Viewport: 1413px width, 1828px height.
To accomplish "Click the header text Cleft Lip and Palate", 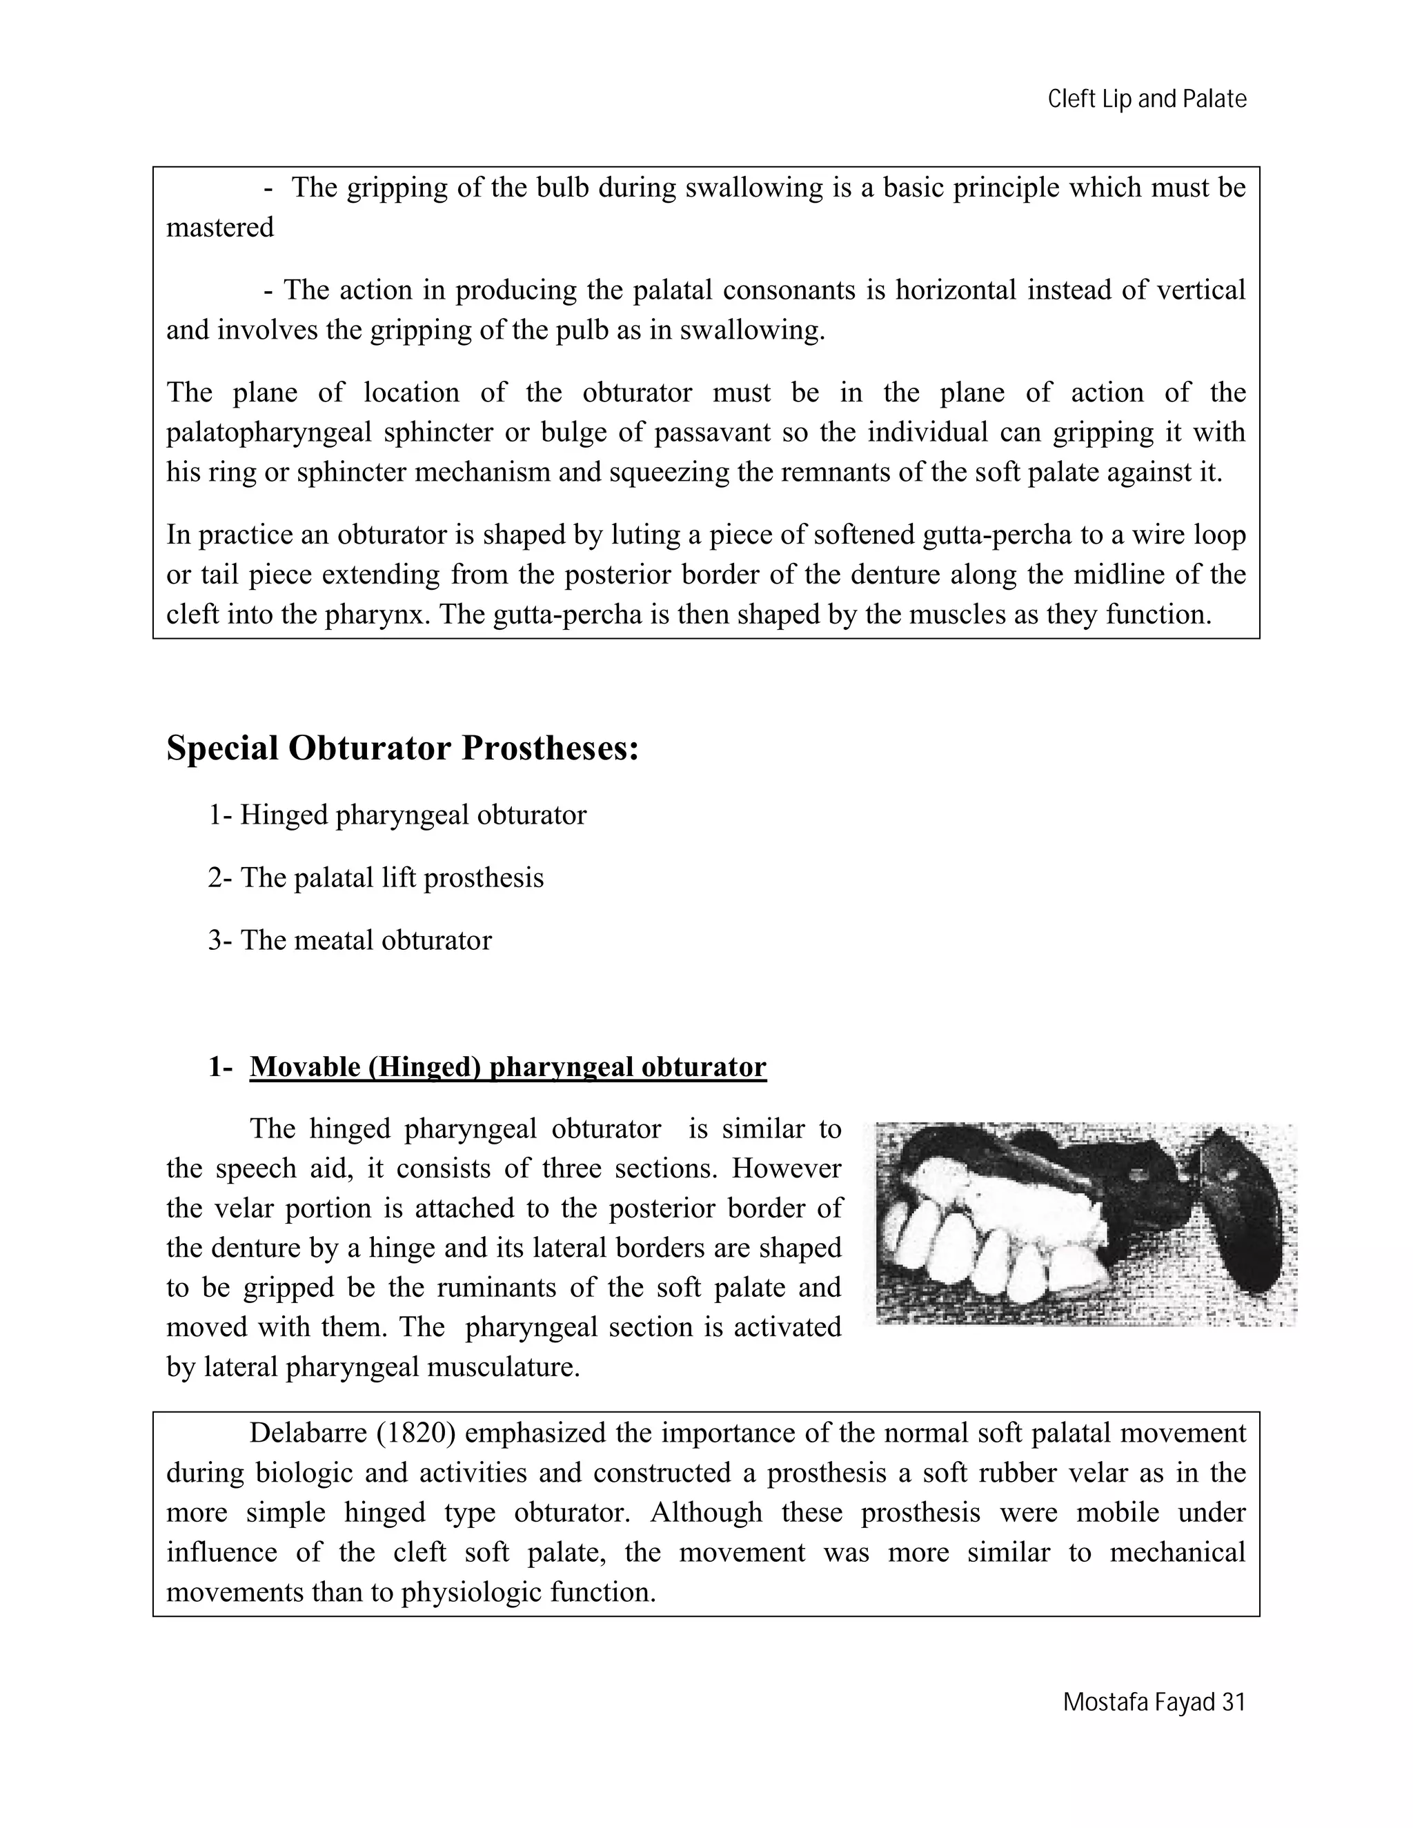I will (x=1147, y=99).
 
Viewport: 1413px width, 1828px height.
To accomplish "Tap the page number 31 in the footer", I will (x=1234, y=1702).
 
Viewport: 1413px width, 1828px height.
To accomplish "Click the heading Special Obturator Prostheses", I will (x=403, y=748).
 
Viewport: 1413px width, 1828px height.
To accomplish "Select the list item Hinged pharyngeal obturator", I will (x=413, y=815).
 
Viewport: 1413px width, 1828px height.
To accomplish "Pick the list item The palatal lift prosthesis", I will (x=392, y=877).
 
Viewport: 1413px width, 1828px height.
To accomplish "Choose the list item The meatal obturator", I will (x=366, y=940).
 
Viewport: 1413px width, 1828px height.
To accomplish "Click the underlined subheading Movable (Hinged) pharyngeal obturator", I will (x=507, y=1067).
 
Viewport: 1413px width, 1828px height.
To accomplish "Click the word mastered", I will (x=220, y=228).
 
